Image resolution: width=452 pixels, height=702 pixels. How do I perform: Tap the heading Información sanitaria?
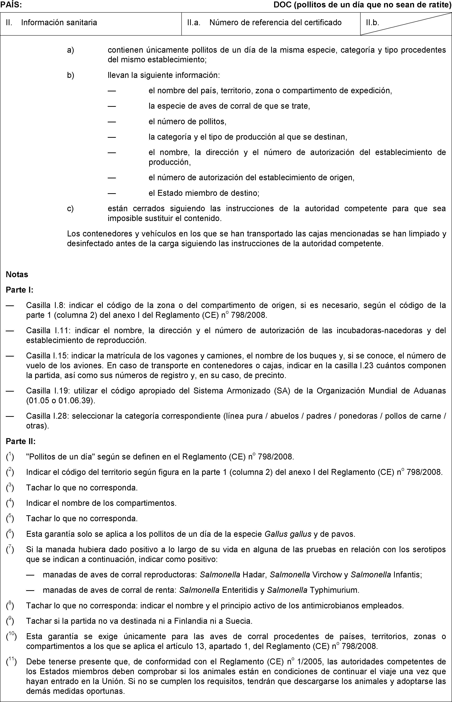59,23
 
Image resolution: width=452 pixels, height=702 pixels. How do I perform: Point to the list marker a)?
71,50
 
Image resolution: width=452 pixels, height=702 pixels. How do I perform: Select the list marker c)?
71,209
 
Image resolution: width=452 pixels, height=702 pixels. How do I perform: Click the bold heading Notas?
17,275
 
